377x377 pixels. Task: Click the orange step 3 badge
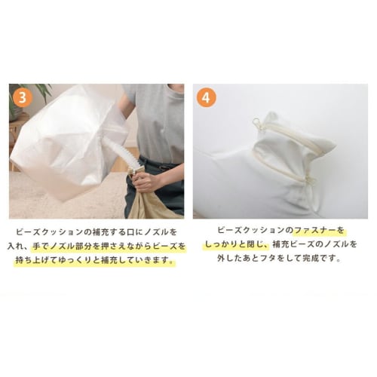click(x=23, y=99)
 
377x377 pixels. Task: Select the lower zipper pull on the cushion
click(x=308, y=180)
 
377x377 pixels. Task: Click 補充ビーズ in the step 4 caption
click(x=286, y=244)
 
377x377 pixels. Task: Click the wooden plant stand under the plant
click(x=17, y=143)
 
